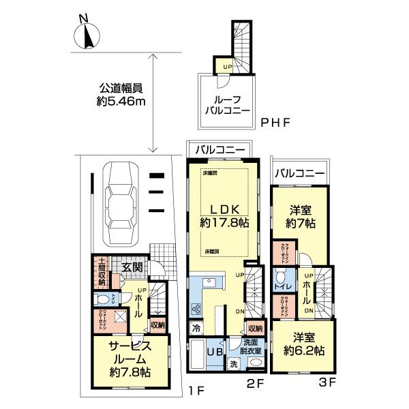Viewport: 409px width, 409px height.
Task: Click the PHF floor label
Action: (x=275, y=123)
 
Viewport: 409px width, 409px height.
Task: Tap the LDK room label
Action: (x=223, y=208)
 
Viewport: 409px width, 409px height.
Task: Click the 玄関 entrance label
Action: (x=132, y=267)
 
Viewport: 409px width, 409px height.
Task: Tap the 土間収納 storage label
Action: (x=101, y=271)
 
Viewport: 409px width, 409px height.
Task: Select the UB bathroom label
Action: (x=213, y=352)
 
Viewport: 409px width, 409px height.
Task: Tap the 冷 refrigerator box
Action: (x=196, y=327)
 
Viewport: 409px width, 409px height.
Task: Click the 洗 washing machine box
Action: (x=234, y=364)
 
